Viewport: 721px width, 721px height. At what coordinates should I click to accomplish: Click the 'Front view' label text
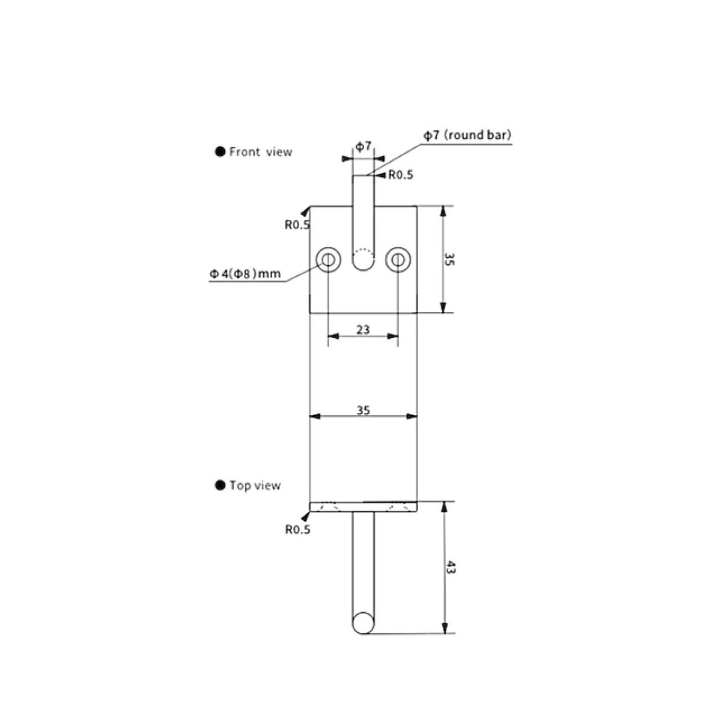click(260, 152)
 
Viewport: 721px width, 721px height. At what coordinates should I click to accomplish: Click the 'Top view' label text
click(255, 485)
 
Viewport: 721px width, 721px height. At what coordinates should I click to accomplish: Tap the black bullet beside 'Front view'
click(221, 152)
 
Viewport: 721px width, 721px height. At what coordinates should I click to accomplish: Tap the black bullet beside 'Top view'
click(221, 485)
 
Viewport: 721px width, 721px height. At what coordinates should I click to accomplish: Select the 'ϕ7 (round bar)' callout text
click(467, 135)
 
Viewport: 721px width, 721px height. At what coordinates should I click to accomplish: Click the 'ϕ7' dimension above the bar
click(363, 146)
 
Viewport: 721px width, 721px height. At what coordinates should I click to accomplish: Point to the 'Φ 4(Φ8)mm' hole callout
click(245, 274)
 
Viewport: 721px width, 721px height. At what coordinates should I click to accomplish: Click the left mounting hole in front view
click(329, 260)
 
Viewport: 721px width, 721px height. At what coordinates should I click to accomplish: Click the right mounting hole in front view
click(398, 260)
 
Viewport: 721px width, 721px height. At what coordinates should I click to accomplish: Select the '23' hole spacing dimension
click(362, 329)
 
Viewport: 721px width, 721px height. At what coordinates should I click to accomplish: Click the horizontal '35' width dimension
click(362, 410)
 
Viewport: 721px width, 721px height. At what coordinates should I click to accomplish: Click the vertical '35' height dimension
click(449, 259)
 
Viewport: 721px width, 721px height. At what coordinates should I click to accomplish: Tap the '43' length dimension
click(450, 567)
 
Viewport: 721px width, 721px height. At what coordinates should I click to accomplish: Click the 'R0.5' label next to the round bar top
click(401, 175)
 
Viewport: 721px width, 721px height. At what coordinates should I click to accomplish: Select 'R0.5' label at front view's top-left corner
click(297, 225)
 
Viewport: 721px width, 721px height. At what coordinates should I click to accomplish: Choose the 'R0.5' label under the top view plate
click(297, 530)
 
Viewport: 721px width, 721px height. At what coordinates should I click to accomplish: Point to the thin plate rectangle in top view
click(363, 507)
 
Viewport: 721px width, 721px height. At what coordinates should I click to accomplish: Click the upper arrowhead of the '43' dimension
click(444, 507)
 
